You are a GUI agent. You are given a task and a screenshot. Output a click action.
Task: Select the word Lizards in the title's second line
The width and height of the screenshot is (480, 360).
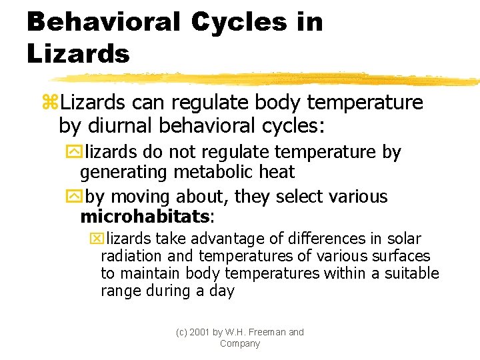click(78, 54)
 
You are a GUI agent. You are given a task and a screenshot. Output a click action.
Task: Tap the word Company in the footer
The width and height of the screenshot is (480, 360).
click(240, 343)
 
